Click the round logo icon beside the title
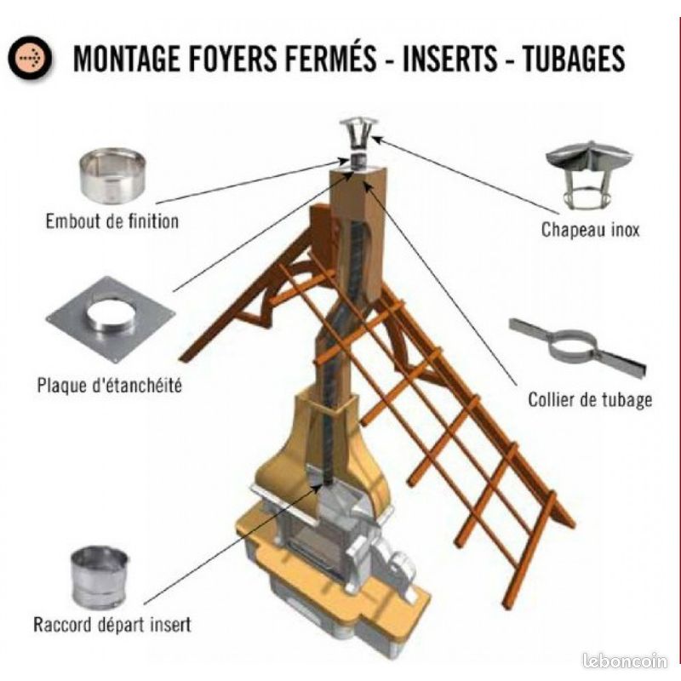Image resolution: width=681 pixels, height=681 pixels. click(x=30, y=58)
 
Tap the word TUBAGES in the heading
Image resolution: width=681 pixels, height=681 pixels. click(x=574, y=58)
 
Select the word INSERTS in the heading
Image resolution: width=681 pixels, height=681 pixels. click(x=449, y=58)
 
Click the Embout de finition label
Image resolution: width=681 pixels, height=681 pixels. click(x=112, y=221)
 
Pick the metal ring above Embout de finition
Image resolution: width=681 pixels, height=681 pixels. click(x=112, y=175)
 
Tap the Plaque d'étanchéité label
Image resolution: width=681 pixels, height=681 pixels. click(x=109, y=386)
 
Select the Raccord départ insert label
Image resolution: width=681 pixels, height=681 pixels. click(x=112, y=625)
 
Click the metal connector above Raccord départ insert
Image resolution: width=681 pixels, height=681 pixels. click(x=100, y=577)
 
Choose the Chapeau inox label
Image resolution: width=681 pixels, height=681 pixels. click(x=590, y=229)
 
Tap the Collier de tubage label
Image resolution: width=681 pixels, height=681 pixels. click(x=590, y=399)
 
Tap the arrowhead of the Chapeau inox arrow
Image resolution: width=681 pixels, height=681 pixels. click(x=376, y=139)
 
